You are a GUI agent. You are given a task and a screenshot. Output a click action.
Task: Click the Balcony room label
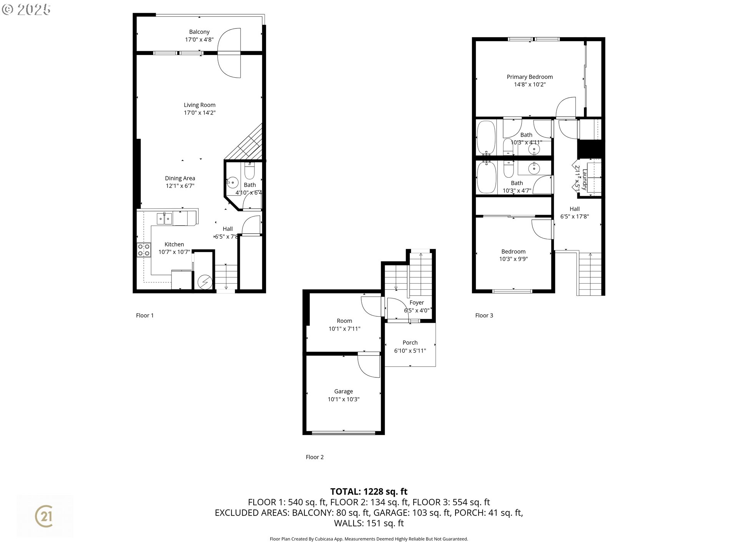click(x=199, y=32)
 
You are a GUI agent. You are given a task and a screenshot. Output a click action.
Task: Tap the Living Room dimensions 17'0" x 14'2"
click(x=199, y=113)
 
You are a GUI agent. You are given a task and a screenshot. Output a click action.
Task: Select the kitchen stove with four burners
click(x=144, y=250)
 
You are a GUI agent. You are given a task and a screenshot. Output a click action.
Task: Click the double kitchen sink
click(x=165, y=219)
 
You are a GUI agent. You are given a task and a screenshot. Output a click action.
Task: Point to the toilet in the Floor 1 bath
click(x=249, y=171)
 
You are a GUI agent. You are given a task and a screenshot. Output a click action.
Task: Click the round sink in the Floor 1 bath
click(x=232, y=183)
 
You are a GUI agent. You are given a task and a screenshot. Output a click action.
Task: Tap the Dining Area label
click(x=180, y=178)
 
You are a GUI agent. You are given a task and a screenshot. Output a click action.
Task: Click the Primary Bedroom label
click(x=530, y=77)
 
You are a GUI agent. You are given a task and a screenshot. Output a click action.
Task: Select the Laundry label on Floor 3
click(x=584, y=180)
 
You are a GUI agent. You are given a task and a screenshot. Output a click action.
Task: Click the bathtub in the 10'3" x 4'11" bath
click(x=486, y=138)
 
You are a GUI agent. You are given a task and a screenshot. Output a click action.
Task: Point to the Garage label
click(x=343, y=391)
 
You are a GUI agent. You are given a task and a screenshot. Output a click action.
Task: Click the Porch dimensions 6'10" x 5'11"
click(x=410, y=350)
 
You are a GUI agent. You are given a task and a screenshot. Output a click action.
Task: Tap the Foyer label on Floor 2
click(x=417, y=303)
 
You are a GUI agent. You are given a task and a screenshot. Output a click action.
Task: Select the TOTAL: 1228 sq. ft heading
click(x=369, y=491)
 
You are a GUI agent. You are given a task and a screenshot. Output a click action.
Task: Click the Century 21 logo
click(x=44, y=516)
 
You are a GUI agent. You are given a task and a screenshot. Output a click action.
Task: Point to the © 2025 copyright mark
click(x=26, y=10)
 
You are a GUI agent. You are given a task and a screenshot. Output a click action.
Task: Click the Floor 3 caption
click(x=484, y=315)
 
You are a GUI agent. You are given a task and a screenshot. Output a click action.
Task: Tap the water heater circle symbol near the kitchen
click(x=204, y=282)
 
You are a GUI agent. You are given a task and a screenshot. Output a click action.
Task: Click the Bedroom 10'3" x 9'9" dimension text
click(x=513, y=259)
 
